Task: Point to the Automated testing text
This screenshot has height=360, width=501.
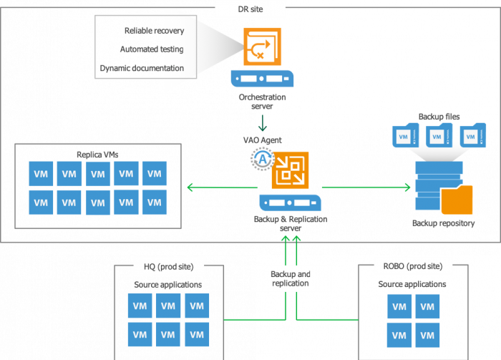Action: coord(152,49)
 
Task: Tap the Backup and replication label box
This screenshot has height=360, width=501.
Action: coord(291,278)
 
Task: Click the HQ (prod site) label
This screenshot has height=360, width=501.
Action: coord(169,267)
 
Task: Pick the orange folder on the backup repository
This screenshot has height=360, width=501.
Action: coord(456,200)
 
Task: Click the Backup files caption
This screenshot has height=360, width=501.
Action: coord(439,116)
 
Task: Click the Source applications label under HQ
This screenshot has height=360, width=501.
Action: coord(168,285)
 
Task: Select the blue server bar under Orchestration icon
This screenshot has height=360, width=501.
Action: coord(263,77)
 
